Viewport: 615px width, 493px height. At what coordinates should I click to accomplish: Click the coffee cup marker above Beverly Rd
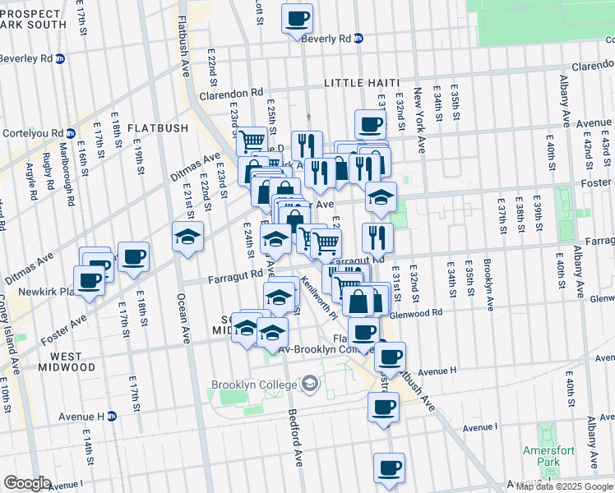[297, 18]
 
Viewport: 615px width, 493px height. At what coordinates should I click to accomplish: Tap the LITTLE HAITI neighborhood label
[361, 83]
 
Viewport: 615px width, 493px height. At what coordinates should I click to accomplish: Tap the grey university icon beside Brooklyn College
[309, 383]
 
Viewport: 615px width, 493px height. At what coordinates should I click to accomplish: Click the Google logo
[27, 483]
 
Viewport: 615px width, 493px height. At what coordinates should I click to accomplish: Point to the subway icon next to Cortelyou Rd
[71, 133]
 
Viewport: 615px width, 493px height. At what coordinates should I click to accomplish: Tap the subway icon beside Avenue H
[112, 416]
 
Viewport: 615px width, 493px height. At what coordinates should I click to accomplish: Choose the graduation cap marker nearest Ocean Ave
[187, 237]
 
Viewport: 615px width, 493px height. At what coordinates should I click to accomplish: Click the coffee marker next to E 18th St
[133, 256]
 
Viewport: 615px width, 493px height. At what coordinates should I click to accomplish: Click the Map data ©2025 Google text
[563, 486]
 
